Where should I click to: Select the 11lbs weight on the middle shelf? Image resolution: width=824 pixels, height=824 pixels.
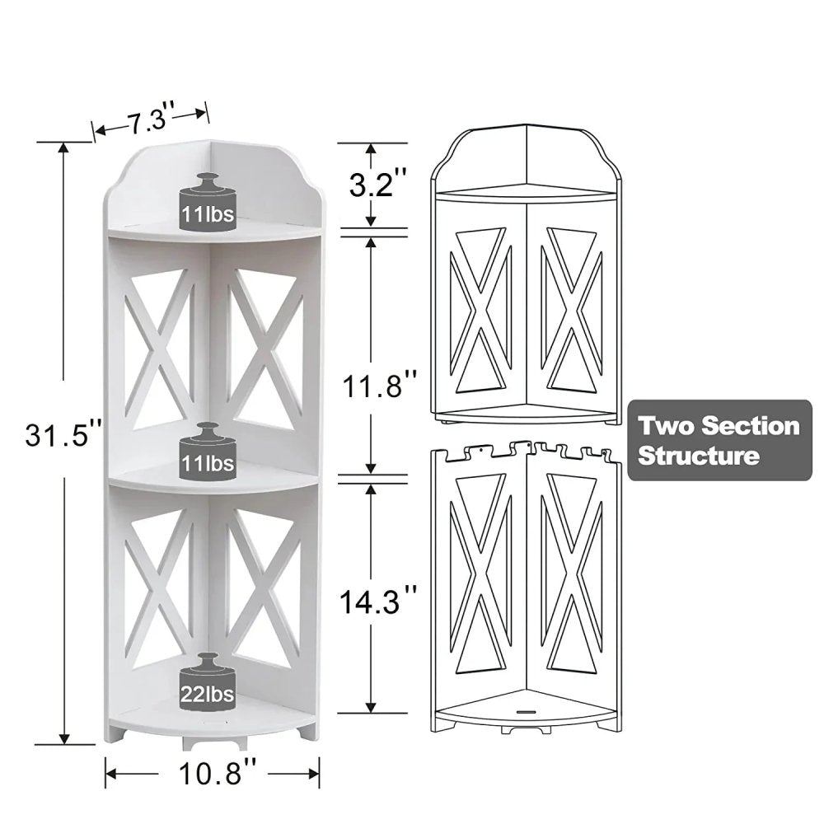208,452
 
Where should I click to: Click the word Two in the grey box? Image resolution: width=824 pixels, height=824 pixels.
663,426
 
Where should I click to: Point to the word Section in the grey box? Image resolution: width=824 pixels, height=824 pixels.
745,426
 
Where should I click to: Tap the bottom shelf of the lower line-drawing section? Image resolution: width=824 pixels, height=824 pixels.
526,709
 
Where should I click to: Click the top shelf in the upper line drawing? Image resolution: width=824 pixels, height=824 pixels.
526,191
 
